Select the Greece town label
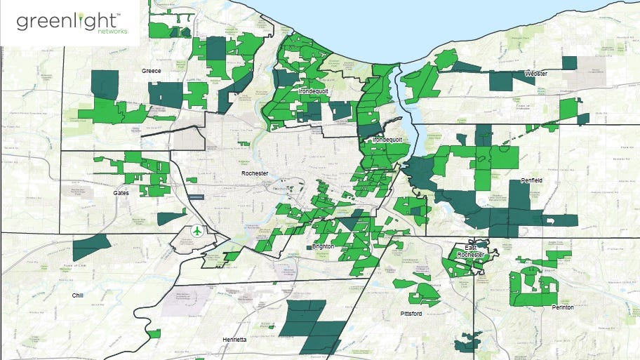(x=152, y=71)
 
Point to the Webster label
(x=536, y=73)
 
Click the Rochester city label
(x=255, y=173)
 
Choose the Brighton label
(x=323, y=247)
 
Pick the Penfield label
(x=532, y=180)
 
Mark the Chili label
(x=77, y=295)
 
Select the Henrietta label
(x=234, y=339)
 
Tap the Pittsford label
(x=411, y=313)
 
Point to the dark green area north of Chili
(x=91, y=247)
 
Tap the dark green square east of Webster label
(x=569, y=62)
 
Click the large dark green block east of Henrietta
(x=313, y=326)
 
